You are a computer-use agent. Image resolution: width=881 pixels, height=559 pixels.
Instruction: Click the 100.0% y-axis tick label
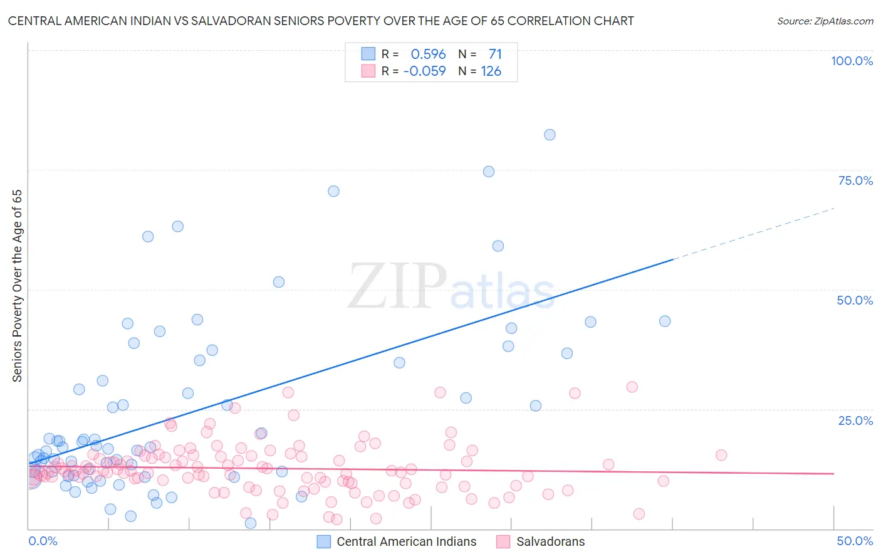click(x=852, y=61)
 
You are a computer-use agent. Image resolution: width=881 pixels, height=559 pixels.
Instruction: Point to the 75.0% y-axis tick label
click(x=855, y=180)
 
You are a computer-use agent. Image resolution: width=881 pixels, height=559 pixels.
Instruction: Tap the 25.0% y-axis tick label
click(x=855, y=420)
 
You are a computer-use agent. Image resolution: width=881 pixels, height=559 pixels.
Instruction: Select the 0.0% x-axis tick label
click(x=43, y=541)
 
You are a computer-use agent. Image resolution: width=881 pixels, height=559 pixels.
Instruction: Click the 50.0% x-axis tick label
click(x=855, y=541)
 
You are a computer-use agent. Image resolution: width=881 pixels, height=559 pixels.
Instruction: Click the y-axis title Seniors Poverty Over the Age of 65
click(x=17, y=286)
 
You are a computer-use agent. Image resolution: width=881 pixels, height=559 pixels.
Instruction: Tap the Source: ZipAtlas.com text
click(x=825, y=21)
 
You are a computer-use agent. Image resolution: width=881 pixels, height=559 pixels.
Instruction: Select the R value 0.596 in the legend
click(x=428, y=54)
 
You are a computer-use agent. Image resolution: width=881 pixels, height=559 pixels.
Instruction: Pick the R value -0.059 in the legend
click(x=424, y=71)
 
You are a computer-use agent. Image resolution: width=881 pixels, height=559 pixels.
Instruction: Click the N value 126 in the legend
click(x=491, y=71)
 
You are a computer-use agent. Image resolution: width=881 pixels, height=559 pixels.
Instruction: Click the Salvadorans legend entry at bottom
click(x=550, y=541)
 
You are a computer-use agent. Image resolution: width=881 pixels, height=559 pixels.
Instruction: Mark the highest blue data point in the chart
click(x=550, y=135)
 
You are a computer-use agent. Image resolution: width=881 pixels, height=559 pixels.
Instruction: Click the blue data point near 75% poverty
click(x=489, y=172)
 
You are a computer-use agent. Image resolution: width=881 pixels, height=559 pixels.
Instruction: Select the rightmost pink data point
click(x=721, y=455)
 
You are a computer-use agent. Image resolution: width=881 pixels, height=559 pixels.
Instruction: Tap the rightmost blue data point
click(x=665, y=321)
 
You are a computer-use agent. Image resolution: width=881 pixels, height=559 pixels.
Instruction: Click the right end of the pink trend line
click(x=833, y=474)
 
